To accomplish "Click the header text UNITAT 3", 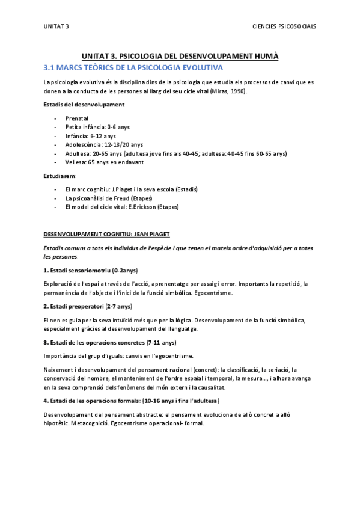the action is pos(56,26).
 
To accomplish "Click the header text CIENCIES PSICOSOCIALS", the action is pos(287,26).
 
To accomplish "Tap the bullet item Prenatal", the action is pos(76,118).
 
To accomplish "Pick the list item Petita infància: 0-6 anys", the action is pos(97,127).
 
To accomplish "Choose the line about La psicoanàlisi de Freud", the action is pos(109,198).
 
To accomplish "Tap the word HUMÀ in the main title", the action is pos(266,55).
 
